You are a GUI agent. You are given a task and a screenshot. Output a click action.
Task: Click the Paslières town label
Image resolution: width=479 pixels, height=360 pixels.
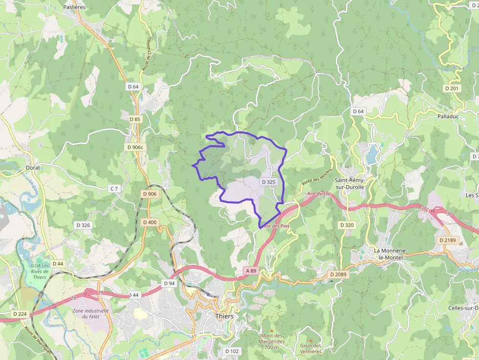point(74,7)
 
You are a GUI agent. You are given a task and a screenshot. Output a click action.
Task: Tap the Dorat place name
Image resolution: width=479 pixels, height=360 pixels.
point(33,168)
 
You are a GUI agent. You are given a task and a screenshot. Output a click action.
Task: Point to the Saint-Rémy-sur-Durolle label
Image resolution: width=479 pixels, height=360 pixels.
point(349,183)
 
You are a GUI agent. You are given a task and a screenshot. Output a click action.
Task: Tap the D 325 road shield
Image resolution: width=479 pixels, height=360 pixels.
point(269,182)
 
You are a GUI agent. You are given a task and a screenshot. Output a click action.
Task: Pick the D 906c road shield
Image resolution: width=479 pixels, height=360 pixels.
point(135,147)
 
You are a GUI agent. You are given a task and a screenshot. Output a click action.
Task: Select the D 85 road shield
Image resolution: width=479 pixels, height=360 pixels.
point(135,119)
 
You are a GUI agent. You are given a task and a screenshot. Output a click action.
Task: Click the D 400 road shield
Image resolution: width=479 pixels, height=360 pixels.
point(150,222)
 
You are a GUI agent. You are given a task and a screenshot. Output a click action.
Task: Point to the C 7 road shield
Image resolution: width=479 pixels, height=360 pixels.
point(114,188)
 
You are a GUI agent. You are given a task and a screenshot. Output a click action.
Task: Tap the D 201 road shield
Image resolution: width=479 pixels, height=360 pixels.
point(452,88)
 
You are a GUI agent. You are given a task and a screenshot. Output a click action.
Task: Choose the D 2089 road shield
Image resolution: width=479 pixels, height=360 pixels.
point(338,275)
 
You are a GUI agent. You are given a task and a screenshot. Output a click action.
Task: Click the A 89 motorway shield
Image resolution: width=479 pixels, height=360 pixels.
point(251,271)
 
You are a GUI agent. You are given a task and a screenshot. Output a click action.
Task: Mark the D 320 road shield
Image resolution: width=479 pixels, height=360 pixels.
point(346,225)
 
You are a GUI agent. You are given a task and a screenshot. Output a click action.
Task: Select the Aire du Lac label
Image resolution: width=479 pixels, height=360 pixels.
point(319,194)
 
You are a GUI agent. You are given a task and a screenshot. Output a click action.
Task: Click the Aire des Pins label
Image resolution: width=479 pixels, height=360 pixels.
point(274,226)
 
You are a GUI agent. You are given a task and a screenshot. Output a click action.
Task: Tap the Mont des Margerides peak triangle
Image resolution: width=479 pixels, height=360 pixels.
point(272,330)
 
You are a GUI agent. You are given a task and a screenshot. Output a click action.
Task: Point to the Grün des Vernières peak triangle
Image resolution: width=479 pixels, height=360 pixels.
point(310,340)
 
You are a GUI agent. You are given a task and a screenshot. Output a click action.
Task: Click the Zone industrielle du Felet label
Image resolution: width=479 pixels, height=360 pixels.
point(90,314)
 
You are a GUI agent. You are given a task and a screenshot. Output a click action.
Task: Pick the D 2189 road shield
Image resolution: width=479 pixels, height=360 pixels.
point(447,240)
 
